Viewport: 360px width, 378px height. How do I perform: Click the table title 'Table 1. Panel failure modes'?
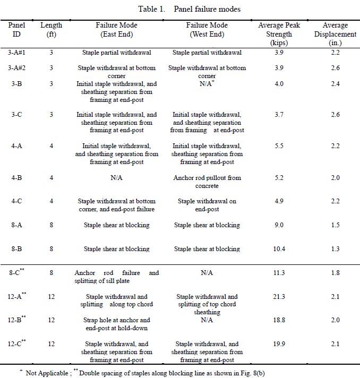[189, 9]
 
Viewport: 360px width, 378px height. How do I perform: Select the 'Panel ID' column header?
[16, 29]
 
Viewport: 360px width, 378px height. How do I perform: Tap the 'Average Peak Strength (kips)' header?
[279, 34]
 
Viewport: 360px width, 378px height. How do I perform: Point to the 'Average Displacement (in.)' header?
[335, 34]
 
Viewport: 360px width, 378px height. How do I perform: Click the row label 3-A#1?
[16, 53]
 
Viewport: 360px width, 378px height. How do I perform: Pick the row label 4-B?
[16, 178]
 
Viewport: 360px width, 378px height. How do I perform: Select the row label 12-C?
[16, 343]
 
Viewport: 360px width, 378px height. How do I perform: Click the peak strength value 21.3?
[279, 296]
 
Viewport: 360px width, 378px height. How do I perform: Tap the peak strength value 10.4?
[279, 248]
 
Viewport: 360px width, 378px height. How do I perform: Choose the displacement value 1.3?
[335, 248]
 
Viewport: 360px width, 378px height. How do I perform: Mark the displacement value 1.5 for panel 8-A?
[335, 225]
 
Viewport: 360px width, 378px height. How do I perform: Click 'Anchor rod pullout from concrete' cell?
[207, 182]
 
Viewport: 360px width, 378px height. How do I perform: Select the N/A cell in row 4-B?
[116, 178]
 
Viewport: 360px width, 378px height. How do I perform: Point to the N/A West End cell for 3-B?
[207, 83]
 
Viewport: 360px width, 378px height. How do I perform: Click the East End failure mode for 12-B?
[116, 324]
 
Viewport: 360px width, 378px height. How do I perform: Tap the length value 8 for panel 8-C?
[52, 273]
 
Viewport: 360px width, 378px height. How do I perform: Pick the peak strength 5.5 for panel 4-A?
[279, 146]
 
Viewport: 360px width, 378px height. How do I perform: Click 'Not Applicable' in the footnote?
[47, 373]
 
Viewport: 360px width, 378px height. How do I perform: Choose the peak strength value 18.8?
[279, 320]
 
